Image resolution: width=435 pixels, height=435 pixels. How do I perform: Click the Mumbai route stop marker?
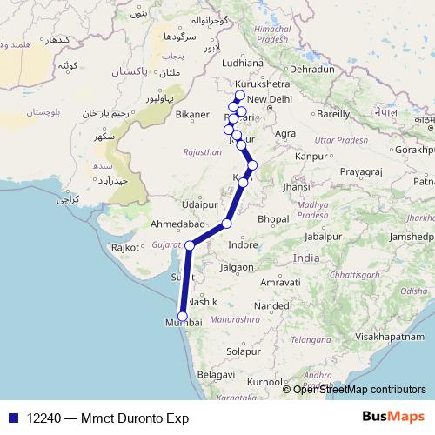pos(183,316)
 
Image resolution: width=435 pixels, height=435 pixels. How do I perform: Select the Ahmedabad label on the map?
pos(178,224)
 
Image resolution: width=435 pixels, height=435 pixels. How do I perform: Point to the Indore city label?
pos(243,244)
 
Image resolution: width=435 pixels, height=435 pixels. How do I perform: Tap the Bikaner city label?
pos(192,114)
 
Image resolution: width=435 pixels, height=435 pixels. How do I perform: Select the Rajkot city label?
pos(124,247)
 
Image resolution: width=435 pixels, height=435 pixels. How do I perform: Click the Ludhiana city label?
pos(243,63)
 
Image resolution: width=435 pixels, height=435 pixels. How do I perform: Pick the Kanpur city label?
pos(311,156)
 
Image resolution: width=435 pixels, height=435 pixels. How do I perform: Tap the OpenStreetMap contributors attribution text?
pos(359,389)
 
